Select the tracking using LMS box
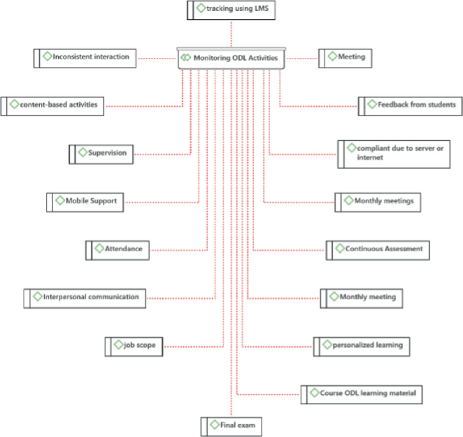click(232, 9)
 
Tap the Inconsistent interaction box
click(86, 57)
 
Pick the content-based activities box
click(53, 105)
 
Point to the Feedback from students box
click(410, 105)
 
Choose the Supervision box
click(102, 153)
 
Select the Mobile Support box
click(86, 201)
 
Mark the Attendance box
click(118, 249)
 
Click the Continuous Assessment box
click(378, 249)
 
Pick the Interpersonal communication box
click(85, 297)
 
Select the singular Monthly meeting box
click(362, 297)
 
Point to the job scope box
click(134, 346)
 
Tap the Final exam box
click(230, 426)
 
